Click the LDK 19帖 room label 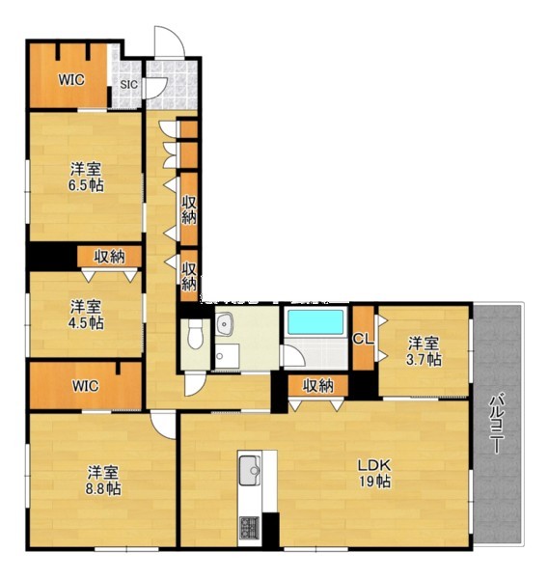(374, 473)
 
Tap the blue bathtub (315, 322)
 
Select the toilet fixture (195, 334)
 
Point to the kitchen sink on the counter (250, 470)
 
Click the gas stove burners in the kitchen (250, 528)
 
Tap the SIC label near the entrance (129, 85)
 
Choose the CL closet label (364, 339)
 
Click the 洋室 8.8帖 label (103, 480)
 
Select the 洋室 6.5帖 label (86, 177)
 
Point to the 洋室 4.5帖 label (86, 315)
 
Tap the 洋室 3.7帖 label (424, 351)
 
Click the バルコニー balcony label (498, 425)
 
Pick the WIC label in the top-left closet (71, 80)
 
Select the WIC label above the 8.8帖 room (85, 386)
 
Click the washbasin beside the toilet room (224, 324)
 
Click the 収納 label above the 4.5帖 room (109, 257)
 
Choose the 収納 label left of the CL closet (318, 386)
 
